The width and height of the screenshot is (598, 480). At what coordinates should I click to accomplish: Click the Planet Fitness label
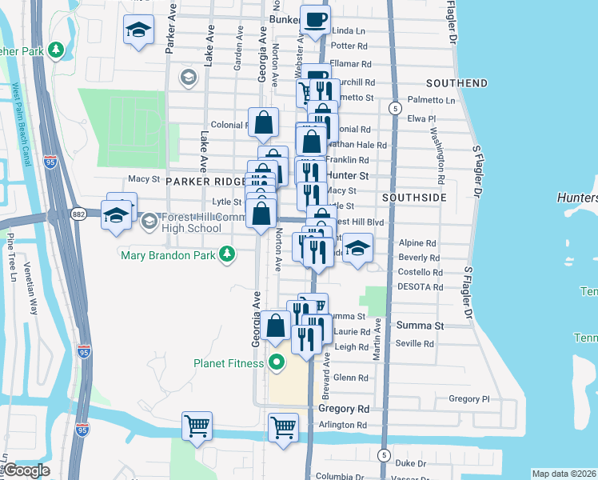click(x=228, y=364)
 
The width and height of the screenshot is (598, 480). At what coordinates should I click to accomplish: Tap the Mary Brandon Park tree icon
click(x=229, y=255)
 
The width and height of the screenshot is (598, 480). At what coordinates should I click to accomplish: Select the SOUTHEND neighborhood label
click(x=457, y=83)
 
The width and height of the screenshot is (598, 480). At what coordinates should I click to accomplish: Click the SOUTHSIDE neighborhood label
click(x=413, y=197)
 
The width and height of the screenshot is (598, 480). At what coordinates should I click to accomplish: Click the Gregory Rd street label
click(x=344, y=409)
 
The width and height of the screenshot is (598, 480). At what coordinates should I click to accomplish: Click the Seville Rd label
click(x=416, y=344)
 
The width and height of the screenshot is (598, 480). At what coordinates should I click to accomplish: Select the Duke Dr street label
click(x=411, y=463)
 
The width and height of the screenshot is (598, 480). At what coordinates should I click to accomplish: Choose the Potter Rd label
click(x=348, y=46)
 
